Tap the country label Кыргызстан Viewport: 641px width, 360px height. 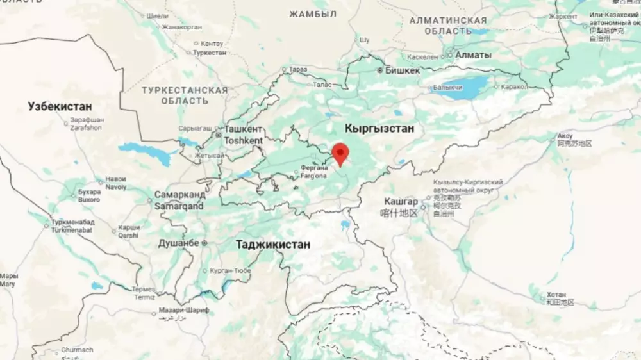point(379,129)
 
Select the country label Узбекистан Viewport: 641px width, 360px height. point(60,106)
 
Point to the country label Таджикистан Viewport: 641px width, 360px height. point(272,245)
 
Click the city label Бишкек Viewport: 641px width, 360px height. point(402,70)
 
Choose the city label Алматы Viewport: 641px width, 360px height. point(473,55)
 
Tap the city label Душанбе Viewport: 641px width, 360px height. point(179,243)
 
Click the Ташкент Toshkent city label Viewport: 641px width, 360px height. point(243,135)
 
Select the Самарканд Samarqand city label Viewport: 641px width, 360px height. point(179,200)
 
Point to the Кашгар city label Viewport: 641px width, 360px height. point(401,201)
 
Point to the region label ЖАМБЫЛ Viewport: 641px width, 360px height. point(313,14)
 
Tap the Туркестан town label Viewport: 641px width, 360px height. point(210,53)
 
